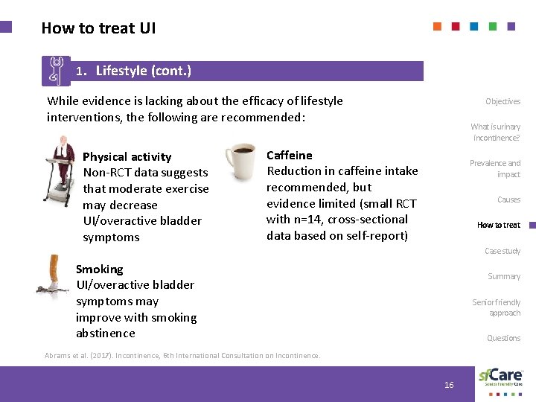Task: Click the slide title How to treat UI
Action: (98, 28)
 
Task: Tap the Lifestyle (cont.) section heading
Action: (143, 71)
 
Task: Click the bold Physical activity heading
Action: (127, 156)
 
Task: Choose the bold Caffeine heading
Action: (289, 155)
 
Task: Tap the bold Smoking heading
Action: (100, 269)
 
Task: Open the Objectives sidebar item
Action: (502, 101)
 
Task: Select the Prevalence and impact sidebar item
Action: (495, 168)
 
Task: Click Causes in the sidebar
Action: (508, 200)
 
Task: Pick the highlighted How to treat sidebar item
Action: (498, 225)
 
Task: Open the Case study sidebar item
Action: (502, 251)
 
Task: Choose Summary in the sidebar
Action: (504, 276)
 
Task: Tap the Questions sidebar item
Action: (503, 338)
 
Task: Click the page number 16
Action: (449, 384)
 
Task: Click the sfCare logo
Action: (500, 377)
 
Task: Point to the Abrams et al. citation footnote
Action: (183, 356)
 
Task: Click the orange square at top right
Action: (437, 26)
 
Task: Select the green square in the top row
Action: (493, 26)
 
